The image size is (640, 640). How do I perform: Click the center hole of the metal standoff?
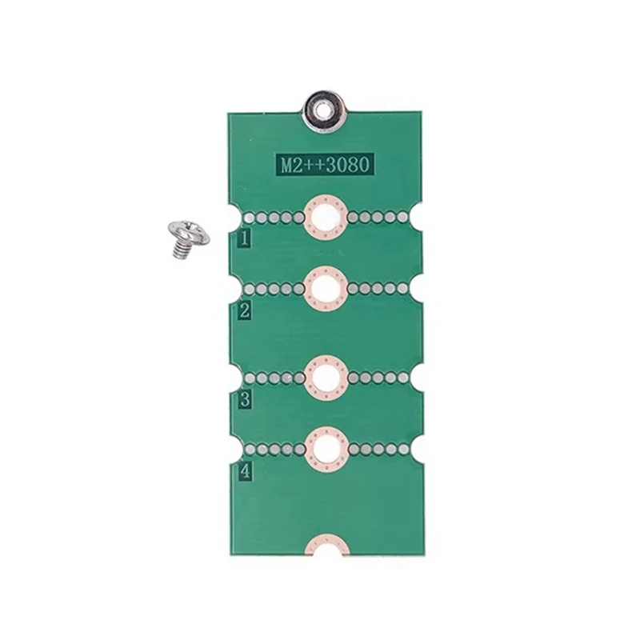[x=322, y=104]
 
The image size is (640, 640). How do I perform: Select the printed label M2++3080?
[x=322, y=166]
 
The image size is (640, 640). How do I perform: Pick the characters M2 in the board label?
[x=288, y=166]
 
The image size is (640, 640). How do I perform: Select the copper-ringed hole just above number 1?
[x=326, y=217]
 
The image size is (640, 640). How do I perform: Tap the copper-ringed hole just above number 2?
[x=326, y=287]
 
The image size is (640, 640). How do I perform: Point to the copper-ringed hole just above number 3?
[x=326, y=376]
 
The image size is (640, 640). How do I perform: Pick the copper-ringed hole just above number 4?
[x=326, y=447]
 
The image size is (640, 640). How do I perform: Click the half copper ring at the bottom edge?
[x=326, y=548]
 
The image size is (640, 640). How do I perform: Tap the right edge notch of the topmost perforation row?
[x=418, y=217]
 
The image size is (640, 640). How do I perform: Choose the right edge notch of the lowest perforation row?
[x=418, y=448]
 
